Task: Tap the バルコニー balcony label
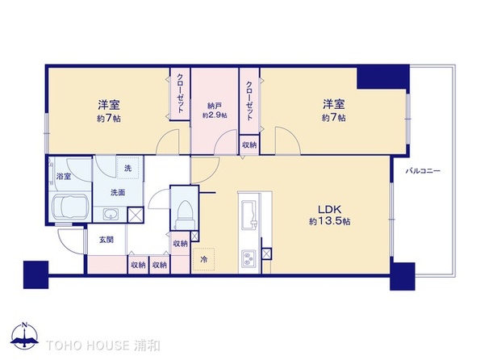(423, 171)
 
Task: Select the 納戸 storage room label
(214, 104)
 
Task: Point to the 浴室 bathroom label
(63, 175)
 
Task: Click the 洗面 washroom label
(117, 192)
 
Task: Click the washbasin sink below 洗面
(111, 214)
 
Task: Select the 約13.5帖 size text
(323, 220)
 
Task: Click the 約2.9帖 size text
(214, 115)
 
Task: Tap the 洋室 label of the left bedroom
(111, 105)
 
